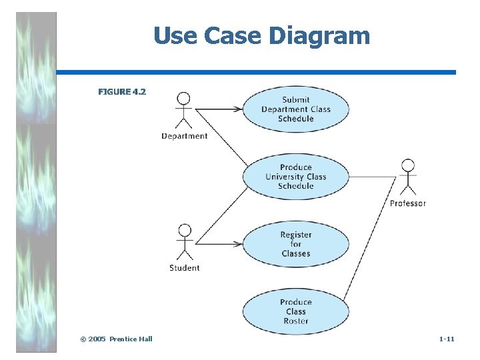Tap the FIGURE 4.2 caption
(121, 91)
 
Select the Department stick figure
(183, 109)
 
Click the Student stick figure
(184, 241)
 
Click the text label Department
(185, 136)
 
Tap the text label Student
(185, 268)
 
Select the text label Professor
(407, 203)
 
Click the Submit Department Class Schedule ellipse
(295, 109)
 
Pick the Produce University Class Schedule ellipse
(295, 177)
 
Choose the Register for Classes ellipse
(295, 244)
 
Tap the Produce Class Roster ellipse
(295, 311)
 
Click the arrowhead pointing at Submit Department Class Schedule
(237, 109)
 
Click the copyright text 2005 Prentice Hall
(116, 339)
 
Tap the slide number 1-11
(447, 339)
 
